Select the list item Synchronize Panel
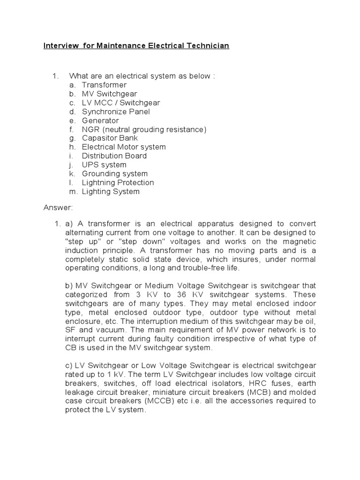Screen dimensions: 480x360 point(116,112)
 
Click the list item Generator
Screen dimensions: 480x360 point(100,120)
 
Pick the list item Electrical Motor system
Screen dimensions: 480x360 point(124,147)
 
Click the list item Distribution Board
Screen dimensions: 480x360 point(114,156)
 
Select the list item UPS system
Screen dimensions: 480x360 point(104,165)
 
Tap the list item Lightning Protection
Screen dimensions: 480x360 point(118,182)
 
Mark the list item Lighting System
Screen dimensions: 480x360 point(111,191)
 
